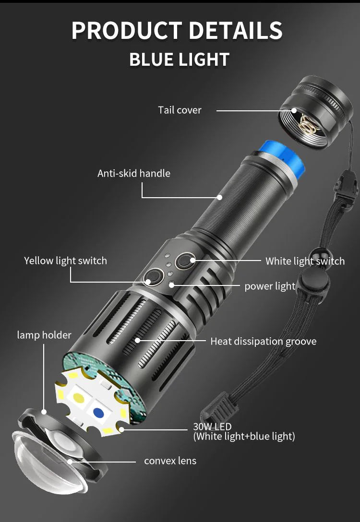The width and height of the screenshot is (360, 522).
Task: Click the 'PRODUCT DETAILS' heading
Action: [177, 30]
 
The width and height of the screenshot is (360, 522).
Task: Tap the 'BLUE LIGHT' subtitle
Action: [179, 59]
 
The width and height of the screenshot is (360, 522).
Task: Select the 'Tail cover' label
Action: [180, 110]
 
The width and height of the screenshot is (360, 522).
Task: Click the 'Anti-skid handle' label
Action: [134, 173]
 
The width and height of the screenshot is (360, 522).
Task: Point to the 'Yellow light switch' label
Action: [66, 261]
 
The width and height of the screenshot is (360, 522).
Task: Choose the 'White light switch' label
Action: [305, 261]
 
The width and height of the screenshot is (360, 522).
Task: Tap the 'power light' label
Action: [270, 286]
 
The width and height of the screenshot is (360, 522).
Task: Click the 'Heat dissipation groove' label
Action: [264, 341]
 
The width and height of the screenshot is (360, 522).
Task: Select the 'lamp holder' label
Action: [44, 335]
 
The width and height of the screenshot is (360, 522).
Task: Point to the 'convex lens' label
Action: [170, 461]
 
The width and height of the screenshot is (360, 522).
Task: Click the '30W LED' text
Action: [212, 427]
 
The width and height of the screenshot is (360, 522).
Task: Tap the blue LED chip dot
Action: [98, 413]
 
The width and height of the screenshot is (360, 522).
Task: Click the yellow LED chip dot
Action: [79, 397]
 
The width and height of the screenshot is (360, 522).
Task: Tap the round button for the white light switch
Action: [185, 261]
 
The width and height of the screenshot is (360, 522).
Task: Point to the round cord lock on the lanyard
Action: [315, 280]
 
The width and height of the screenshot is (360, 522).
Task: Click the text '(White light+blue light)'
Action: [244, 436]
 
